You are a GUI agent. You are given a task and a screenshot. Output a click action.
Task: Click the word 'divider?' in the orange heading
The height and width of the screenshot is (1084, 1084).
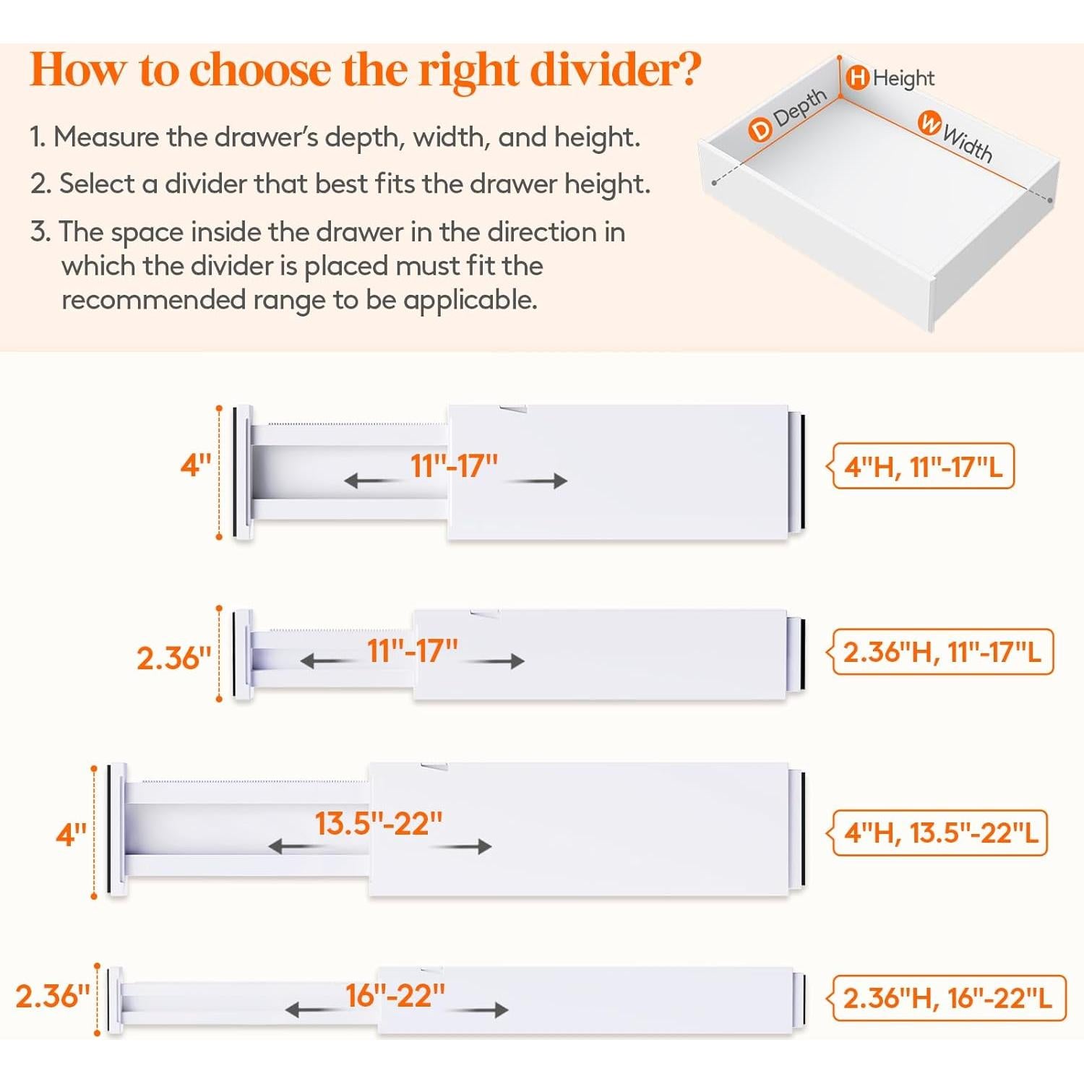click(616, 70)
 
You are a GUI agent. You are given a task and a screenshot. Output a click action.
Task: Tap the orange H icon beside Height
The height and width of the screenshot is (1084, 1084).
click(858, 77)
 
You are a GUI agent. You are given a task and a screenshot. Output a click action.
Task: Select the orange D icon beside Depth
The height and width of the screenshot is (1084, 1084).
click(760, 130)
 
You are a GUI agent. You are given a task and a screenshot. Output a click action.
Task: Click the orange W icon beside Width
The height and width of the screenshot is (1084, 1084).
click(929, 123)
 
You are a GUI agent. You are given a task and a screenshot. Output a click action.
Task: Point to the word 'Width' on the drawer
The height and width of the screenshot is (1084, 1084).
click(968, 144)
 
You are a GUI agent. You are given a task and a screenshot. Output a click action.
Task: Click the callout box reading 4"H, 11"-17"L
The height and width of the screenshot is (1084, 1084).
click(923, 467)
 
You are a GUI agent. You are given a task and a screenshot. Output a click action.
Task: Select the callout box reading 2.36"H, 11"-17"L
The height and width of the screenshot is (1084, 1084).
click(942, 652)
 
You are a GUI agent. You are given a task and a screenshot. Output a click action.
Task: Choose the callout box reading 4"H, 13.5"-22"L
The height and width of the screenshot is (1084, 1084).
click(939, 833)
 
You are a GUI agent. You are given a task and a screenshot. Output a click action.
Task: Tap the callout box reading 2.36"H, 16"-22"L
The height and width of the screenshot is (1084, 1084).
click(947, 998)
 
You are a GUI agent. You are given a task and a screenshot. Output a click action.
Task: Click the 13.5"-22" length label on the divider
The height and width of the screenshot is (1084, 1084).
click(379, 824)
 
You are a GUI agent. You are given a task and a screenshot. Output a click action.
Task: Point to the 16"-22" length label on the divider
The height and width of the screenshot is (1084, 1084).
click(395, 996)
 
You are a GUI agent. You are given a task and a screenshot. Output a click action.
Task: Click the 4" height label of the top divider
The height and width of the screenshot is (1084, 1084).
click(195, 465)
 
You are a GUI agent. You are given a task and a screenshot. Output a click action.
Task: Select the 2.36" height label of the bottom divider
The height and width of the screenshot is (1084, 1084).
click(53, 997)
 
